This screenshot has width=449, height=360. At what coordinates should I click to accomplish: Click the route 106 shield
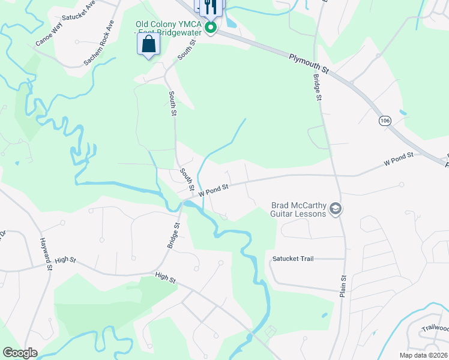[384, 121]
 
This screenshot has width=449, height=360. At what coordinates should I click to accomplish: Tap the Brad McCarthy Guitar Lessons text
[298, 209]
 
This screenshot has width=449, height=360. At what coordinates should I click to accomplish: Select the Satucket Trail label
[293, 259]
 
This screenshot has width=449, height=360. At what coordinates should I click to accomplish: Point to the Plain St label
[344, 286]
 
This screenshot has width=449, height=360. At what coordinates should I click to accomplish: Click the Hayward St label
[46, 256]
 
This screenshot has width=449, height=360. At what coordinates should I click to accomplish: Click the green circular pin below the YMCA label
[211, 28]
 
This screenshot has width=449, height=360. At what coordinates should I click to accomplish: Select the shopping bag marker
[148, 44]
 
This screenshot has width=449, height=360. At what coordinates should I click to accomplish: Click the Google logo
[20, 353]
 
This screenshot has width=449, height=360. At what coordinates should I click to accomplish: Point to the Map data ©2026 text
[424, 355]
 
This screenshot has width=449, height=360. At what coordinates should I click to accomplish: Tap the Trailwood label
[435, 328]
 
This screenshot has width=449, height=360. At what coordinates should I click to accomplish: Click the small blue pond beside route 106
[402, 112]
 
